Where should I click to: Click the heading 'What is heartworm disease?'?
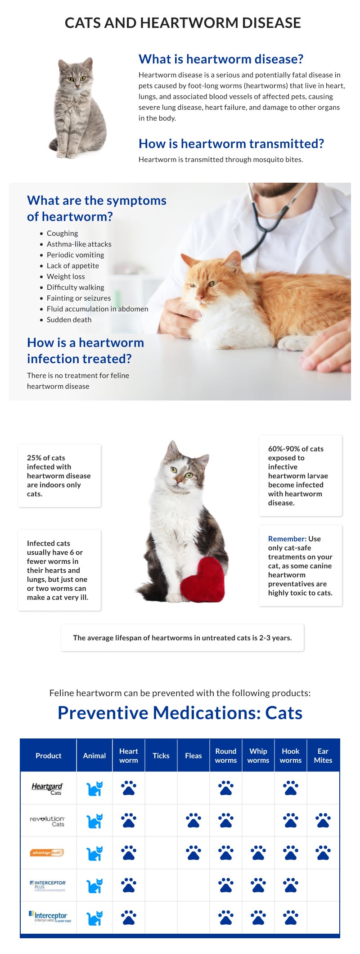pyautogui.click(x=221, y=59)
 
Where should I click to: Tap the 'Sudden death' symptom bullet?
pyautogui.click(x=69, y=319)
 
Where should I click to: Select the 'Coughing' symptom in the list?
pyautogui.click(x=62, y=233)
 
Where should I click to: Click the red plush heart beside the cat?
pyautogui.click(x=202, y=580)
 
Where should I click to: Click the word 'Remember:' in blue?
pyautogui.click(x=287, y=539)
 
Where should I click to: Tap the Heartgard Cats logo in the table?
pyautogui.click(x=48, y=788)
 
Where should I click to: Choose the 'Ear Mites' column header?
pyautogui.click(x=323, y=756)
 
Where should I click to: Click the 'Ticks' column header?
pyautogui.click(x=161, y=756)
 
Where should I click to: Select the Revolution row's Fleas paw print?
pyautogui.click(x=193, y=820)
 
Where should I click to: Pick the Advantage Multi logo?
pyautogui.click(x=47, y=852)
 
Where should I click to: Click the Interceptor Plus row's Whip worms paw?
pyautogui.click(x=258, y=885)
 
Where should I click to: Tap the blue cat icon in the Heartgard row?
pyautogui.click(x=94, y=788)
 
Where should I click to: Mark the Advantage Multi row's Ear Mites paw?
pyautogui.click(x=323, y=853)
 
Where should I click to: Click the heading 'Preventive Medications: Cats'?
pyautogui.click(x=180, y=713)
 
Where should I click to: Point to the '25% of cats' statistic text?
pyautogui.click(x=46, y=458)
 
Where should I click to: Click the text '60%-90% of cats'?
pyautogui.click(x=296, y=449)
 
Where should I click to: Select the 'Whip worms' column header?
pyautogui.click(x=258, y=756)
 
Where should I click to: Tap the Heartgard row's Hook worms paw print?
pyautogui.click(x=291, y=788)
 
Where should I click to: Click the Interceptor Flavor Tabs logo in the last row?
pyautogui.click(x=50, y=917)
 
